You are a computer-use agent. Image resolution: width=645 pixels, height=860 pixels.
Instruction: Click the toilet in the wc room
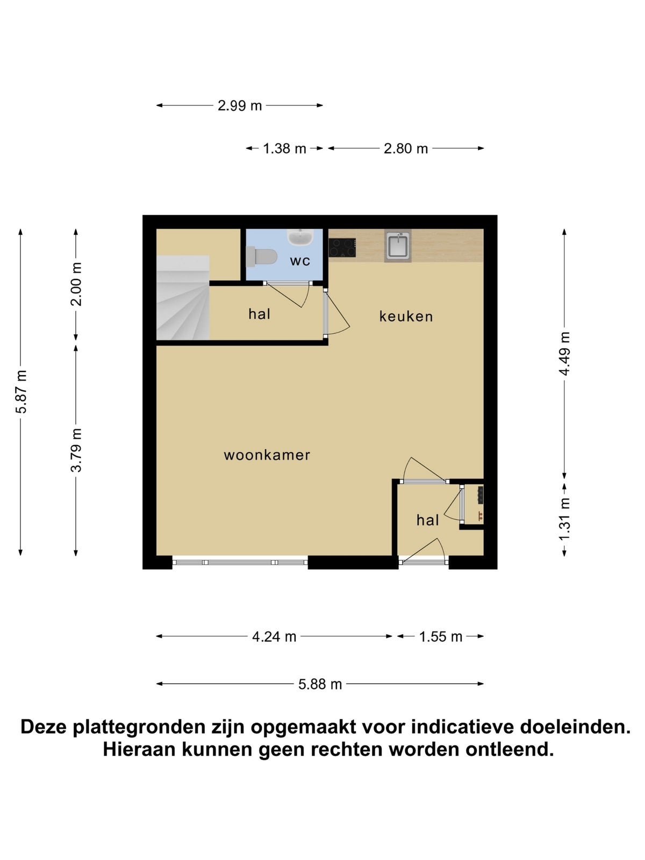tap(261, 256)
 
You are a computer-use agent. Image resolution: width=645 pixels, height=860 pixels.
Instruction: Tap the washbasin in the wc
tap(300, 238)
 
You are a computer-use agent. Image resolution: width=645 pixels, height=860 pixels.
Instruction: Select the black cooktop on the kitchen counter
tap(342, 248)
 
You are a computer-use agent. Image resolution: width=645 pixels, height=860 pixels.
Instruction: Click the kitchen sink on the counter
tap(398, 246)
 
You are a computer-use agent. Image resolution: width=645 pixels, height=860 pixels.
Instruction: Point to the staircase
tap(183, 297)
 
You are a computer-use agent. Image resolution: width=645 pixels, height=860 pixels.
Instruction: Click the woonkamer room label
tap(267, 455)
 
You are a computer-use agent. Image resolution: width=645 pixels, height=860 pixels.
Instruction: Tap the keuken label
tap(406, 316)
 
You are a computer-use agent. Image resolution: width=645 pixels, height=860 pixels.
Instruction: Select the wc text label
tap(300, 261)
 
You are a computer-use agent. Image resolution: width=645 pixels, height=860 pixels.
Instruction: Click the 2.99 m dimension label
tap(240, 106)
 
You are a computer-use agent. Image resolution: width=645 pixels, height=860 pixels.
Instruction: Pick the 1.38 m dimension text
tap(284, 149)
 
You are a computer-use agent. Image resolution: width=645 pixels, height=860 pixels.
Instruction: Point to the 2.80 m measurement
tap(406, 149)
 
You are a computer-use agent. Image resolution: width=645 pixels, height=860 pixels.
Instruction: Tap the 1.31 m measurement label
tap(564, 519)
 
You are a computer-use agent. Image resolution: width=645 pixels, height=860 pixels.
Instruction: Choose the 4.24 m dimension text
tap(274, 637)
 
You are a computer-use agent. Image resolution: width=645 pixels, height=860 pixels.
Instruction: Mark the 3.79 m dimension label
tap(76, 450)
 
